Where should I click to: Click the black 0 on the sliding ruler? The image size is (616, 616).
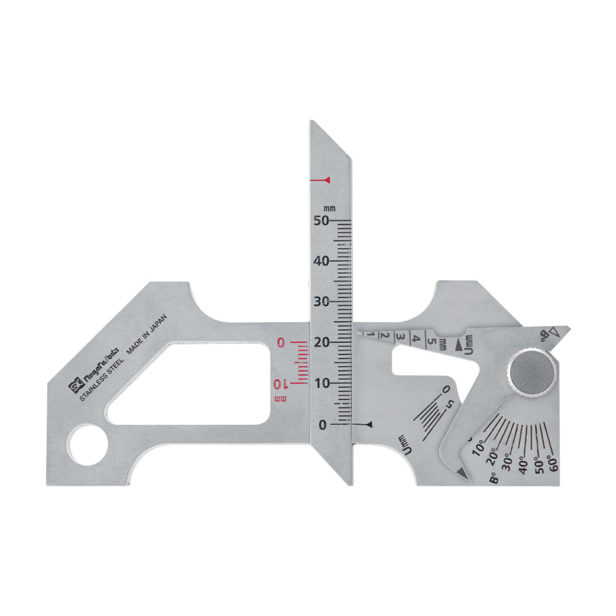[x=322, y=425]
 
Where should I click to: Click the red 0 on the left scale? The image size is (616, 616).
[x=281, y=342]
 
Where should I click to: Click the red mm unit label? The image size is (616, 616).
[x=281, y=398]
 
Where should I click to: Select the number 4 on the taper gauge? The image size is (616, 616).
[x=416, y=339]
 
